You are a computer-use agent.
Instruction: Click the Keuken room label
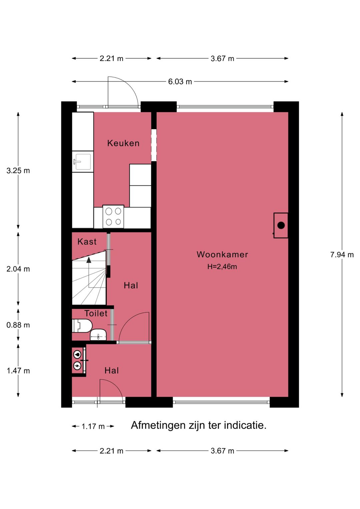123,143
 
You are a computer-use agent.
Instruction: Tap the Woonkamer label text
222,255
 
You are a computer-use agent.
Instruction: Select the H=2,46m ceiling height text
222,267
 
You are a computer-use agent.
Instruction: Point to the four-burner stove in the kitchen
113,216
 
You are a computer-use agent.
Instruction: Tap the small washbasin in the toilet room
98,335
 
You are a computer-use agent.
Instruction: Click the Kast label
87,241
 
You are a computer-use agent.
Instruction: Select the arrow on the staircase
89,260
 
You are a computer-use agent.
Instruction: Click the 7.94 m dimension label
342,255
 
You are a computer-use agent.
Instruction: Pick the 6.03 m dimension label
180,82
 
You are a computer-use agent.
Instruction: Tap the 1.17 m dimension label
93,426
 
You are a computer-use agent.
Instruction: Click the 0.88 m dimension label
18,325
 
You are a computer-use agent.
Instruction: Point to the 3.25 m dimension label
18,171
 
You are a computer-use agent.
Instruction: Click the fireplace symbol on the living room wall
281,225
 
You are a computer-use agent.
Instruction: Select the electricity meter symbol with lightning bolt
77,366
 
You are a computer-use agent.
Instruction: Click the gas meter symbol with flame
77,355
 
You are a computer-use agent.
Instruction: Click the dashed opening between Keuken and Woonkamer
154,145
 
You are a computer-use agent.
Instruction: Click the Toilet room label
96,314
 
